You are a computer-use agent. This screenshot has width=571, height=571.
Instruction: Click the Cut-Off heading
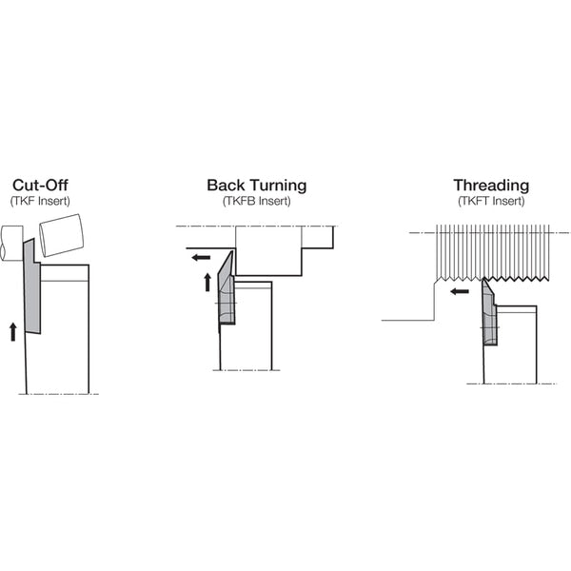point(40,185)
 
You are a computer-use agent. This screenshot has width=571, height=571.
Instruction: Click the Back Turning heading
point(257,185)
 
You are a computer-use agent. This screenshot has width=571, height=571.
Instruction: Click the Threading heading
point(491,186)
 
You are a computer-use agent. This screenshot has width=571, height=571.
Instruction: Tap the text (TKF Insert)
point(40,201)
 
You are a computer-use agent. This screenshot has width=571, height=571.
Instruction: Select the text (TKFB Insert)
point(257,201)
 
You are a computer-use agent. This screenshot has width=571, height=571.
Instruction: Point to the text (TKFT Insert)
point(491,201)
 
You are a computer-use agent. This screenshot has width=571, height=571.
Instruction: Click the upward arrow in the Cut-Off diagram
point(13,332)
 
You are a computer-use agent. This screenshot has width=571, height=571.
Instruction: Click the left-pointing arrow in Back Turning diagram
point(202,258)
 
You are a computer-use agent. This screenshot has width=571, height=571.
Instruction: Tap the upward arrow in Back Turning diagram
point(207,283)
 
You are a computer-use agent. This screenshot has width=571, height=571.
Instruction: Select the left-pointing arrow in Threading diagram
point(460,291)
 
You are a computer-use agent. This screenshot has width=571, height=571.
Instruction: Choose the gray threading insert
point(489,313)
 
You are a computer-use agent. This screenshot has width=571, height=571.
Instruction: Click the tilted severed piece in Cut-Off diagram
point(61,235)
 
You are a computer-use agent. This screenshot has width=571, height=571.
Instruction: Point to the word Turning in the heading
point(278,186)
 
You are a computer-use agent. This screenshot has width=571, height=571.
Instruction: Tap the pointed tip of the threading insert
point(483,279)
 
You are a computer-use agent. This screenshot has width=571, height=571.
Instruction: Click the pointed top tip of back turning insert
point(232,251)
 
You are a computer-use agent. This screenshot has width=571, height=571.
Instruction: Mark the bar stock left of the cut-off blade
point(12,243)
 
